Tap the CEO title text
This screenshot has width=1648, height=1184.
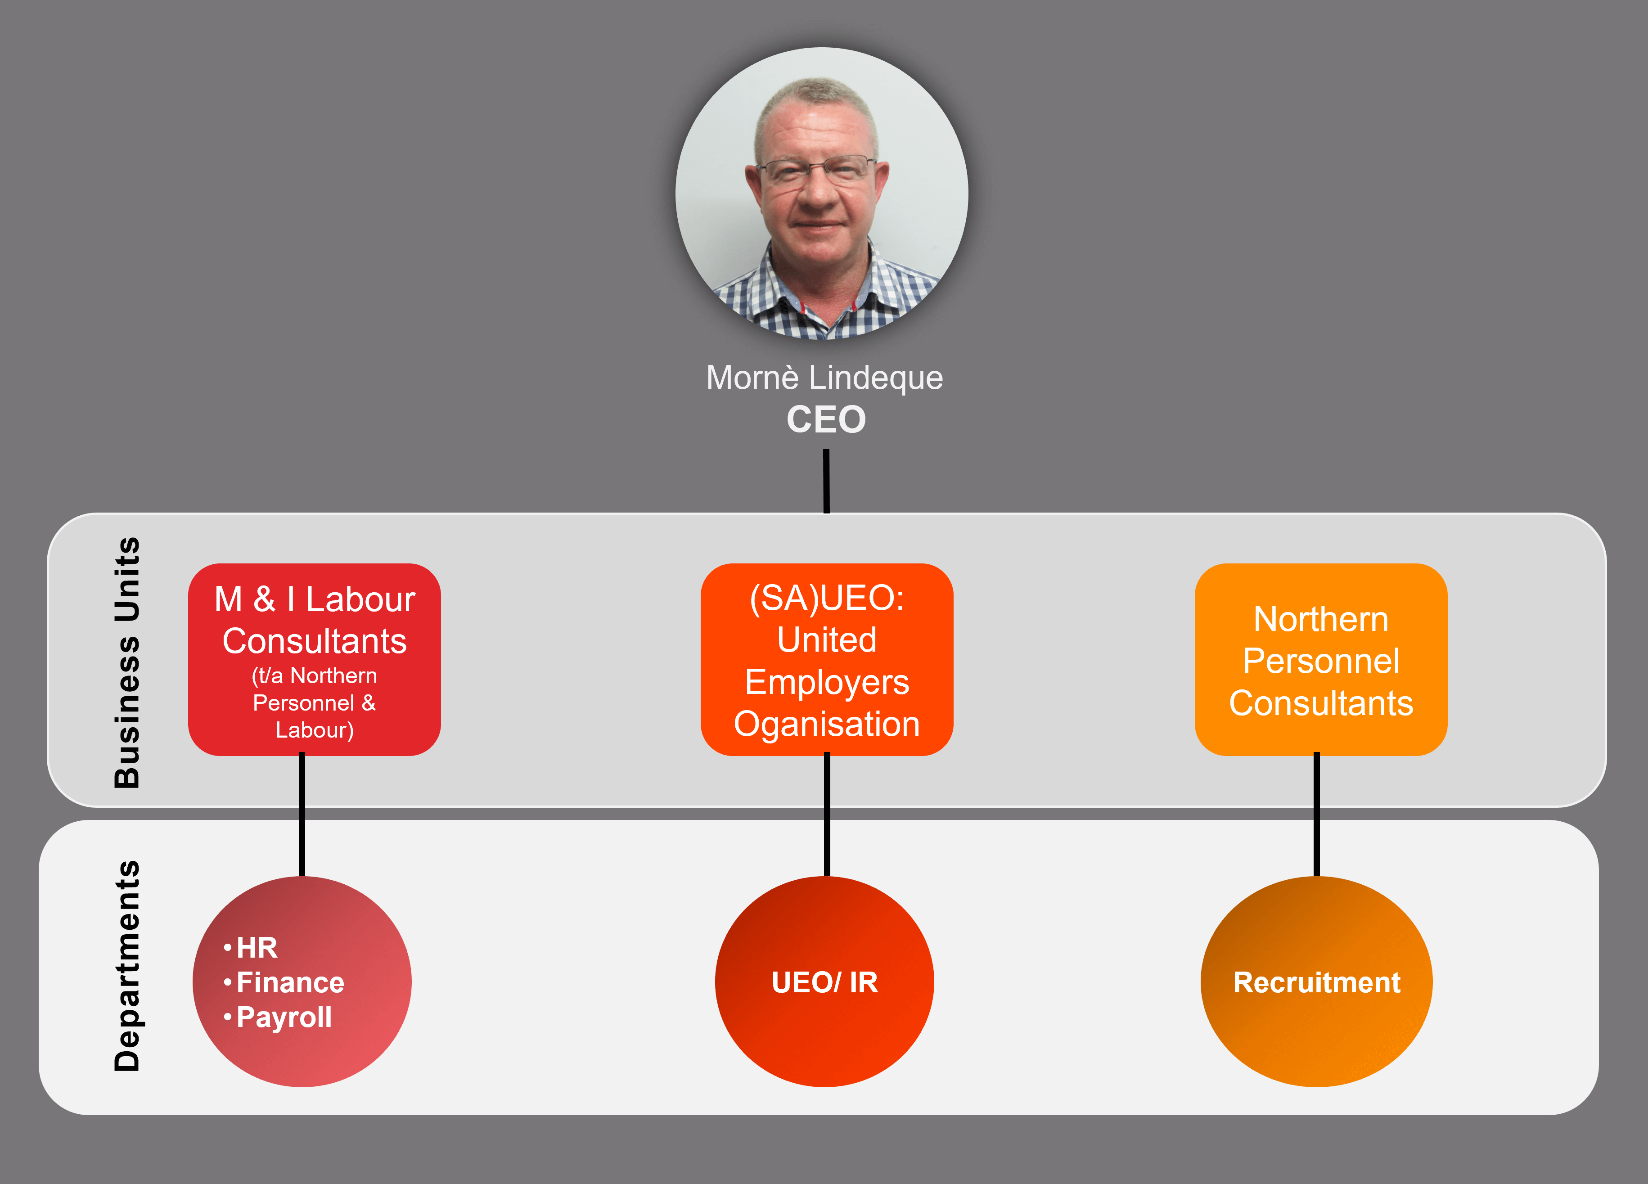pyautogui.click(x=826, y=419)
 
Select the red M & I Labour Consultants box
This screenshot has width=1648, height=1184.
pyautogui.click(x=315, y=659)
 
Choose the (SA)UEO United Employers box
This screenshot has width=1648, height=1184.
pyautogui.click(x=827, y=659)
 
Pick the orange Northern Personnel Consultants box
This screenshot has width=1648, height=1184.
pyautogui.click(x=1321, y=659)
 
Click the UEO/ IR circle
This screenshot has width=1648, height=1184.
pyautogui.click(x=825, y=982)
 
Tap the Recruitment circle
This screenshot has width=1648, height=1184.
pyautogui.click(x=1317, y=982)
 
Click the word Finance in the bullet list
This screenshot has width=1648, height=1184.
pyautogui.click(x=291, y=983)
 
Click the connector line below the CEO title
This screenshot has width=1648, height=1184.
pyautogui.click(x=826, y=481)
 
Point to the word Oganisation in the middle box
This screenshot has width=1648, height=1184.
pyautogui.click(x=827, y=725)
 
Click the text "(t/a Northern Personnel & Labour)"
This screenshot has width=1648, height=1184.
pyautogui.click(x=315, y=703)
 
